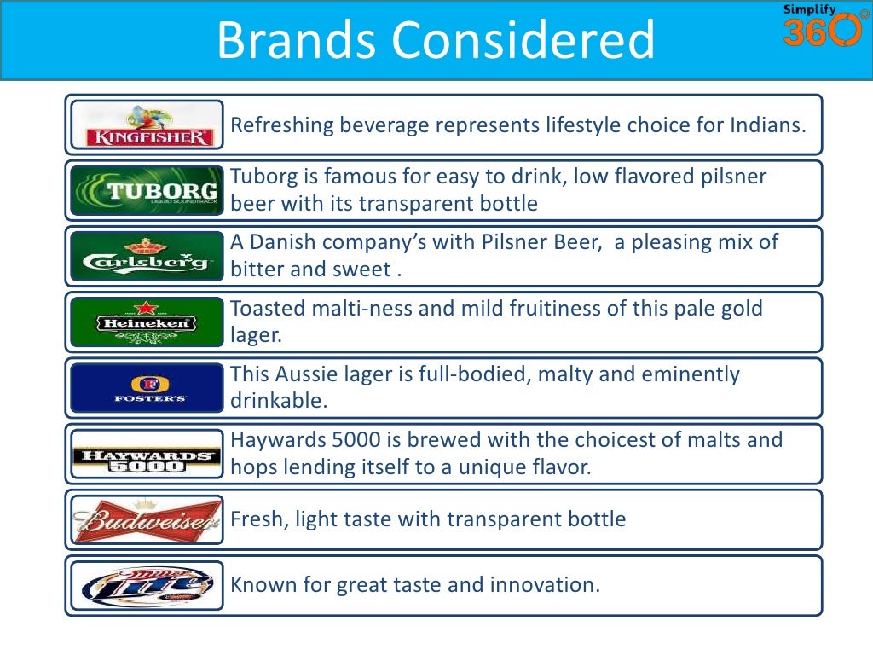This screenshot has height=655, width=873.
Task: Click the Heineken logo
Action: click(x=147, y=322)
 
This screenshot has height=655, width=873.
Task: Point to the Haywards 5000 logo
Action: click(x=147, y=454)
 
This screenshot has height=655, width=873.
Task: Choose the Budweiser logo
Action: click(x=147, y=519)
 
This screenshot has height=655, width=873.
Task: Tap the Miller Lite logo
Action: click(x=147, y=585)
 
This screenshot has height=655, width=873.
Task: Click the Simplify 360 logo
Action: click(x=822, y=26)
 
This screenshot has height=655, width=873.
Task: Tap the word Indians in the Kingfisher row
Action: click(x=766, y=125)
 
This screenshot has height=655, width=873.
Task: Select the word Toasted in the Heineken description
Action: click(x=269, y=308)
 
